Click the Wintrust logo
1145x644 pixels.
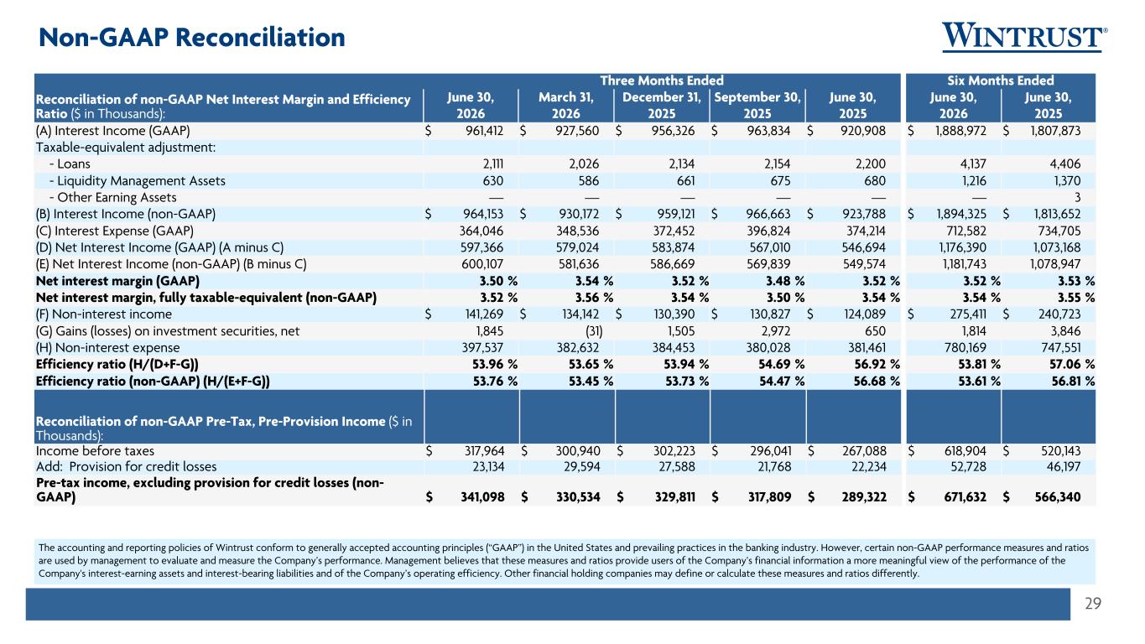coord(1024,37)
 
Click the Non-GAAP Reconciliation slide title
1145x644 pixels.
coord(192,37)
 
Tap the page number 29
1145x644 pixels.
coord(1093,604)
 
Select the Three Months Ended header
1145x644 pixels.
coord(662,80)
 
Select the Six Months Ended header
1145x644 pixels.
coord(1001,80)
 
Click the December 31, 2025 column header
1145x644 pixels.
coord(662,106)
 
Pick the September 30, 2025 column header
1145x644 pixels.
coord(757,106)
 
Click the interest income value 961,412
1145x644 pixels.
coord(484,131)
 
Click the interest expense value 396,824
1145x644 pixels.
coord(768,231)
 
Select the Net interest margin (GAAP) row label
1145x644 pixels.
coord(117,281)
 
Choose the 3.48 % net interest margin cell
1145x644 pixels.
coord(784,281)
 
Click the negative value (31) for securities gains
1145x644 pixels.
coord(594,331)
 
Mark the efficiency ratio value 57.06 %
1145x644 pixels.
coord(1073,365)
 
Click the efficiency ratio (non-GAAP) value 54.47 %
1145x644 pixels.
coord(782,382)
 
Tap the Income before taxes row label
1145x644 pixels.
coord(95,451)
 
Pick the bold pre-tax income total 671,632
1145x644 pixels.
coord(965,496)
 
